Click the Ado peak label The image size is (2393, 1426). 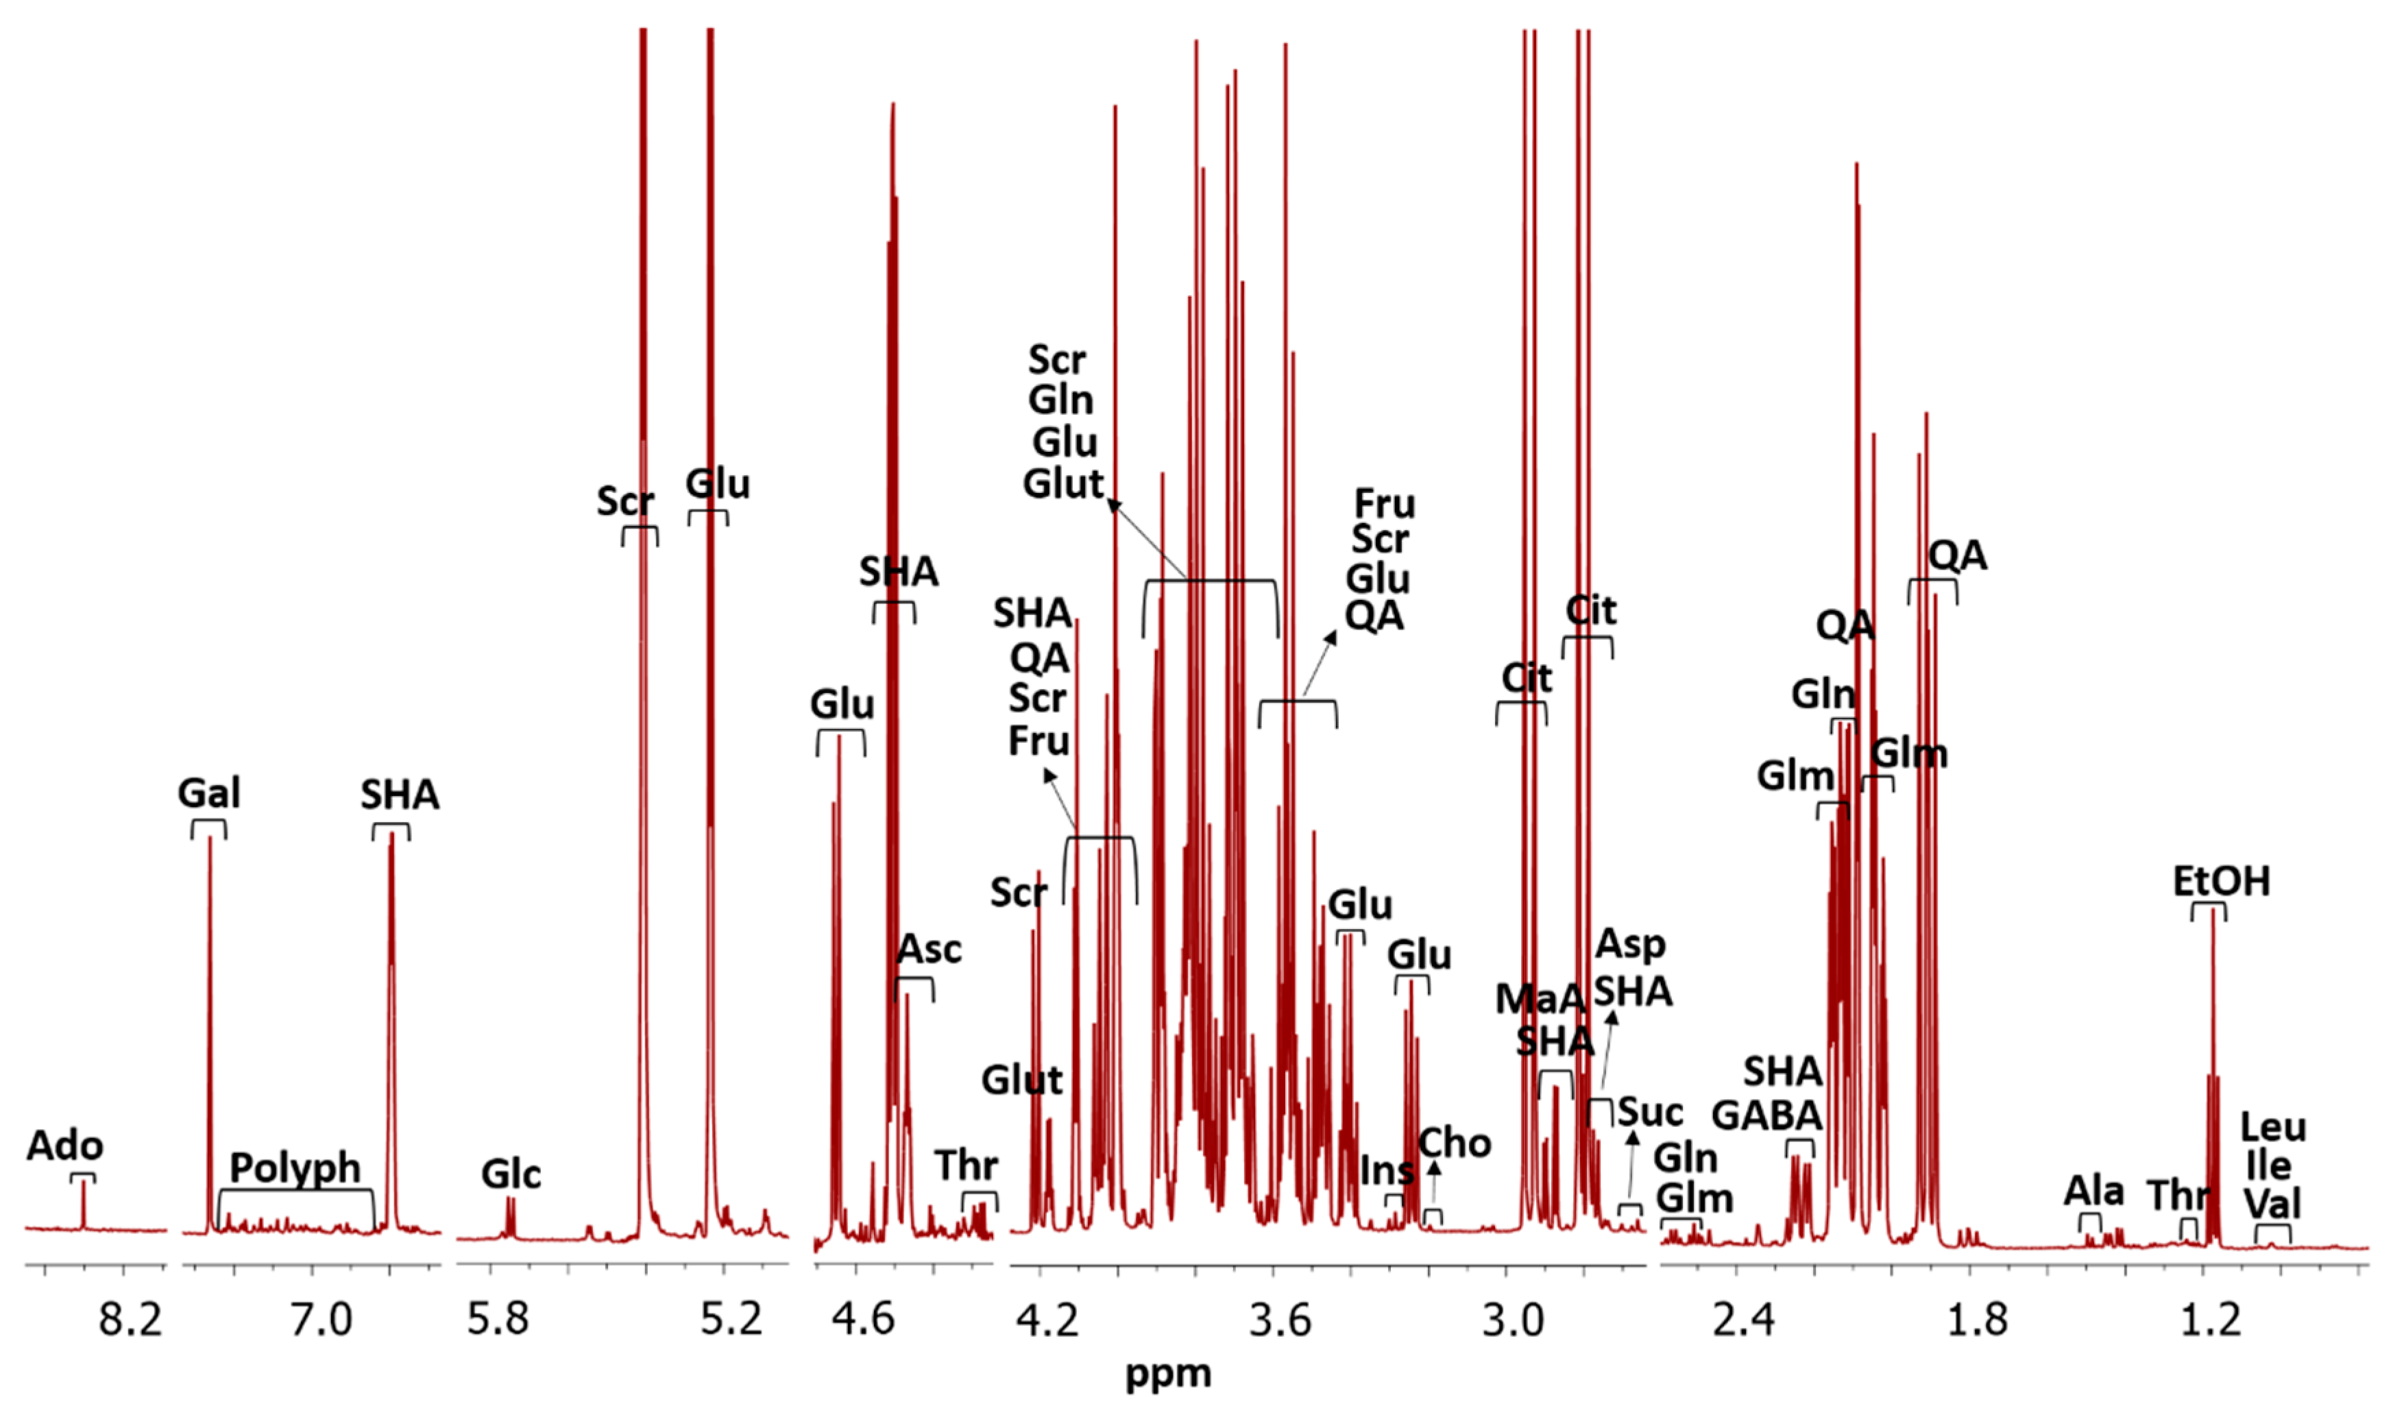point(64,1146)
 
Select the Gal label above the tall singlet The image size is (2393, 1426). point(208,794)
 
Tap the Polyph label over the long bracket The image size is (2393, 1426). point(295,1168)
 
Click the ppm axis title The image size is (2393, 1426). point(1168,1374)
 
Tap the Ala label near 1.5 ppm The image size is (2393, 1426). point(2093,1192)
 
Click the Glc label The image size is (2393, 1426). point(511,1174)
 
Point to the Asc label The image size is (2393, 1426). point(929,950)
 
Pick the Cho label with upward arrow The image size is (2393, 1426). point(1455,1144)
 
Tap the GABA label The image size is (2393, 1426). point(1766,1115)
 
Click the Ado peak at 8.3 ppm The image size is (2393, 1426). point(84,1201)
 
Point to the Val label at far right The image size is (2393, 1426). point(2273,1204)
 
